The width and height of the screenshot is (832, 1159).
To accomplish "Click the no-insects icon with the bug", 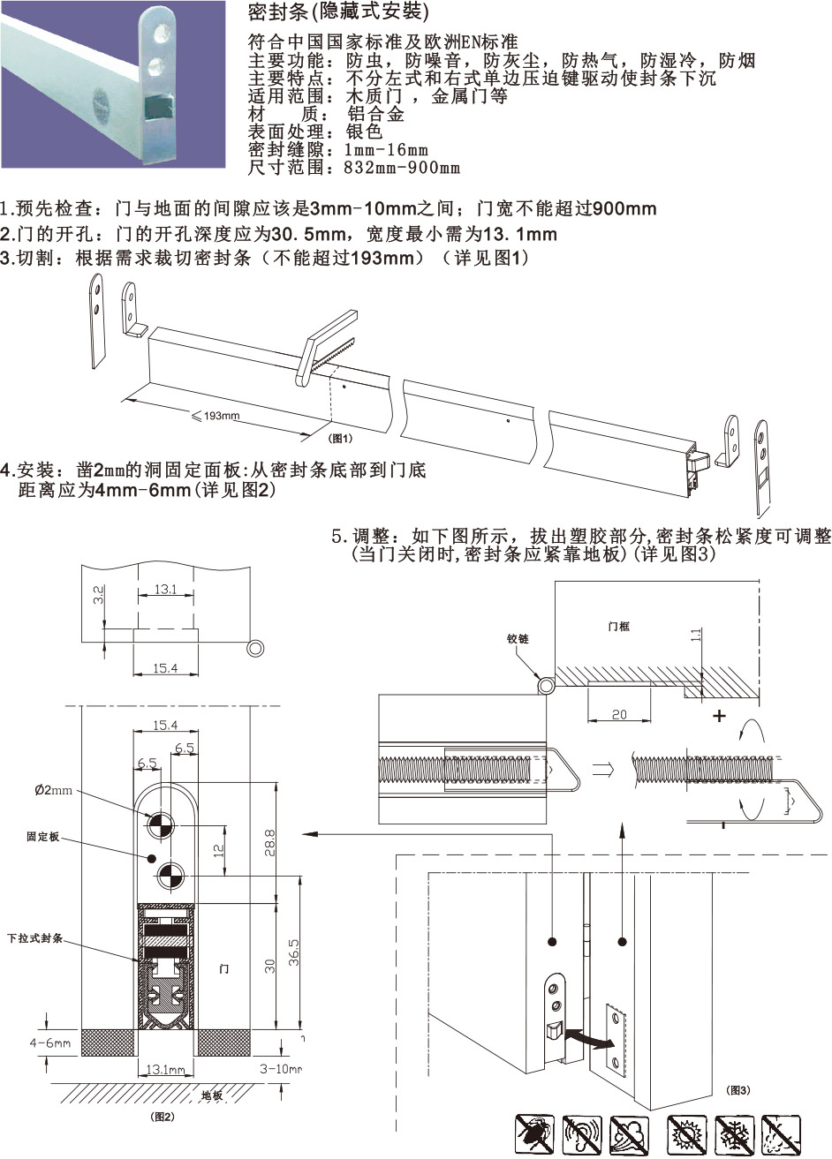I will pos(535,1134).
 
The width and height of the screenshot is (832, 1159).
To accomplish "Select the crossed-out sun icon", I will pos(687,1134).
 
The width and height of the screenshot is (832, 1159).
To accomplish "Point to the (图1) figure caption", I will pos(341,438).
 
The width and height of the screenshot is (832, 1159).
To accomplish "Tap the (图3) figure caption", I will pos(737,1091).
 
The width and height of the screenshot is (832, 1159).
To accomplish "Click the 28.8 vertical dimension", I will pos(270,843).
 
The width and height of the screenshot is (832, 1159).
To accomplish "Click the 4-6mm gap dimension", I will pos(49,1042).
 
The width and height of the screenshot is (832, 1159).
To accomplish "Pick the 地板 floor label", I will pos(212,1095).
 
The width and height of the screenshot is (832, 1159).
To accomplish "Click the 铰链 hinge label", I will pos(518,638).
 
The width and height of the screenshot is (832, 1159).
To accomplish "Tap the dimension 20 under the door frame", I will pos(619,714).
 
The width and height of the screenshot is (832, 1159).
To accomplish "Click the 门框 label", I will pos(618,626).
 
